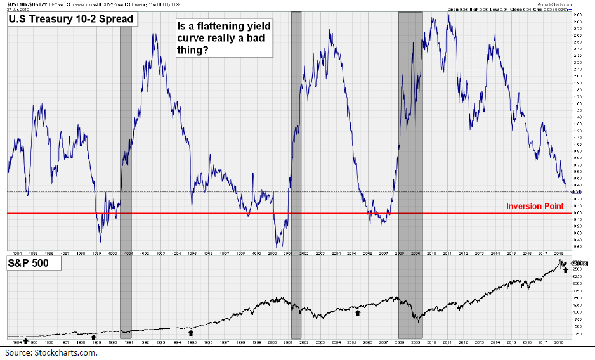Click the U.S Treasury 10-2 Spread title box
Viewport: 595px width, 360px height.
tap(72, 19)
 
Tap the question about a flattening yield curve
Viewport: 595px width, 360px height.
tap(219, 39)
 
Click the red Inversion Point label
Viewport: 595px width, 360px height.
tap(535, 206)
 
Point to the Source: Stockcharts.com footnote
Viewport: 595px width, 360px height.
tap(51, 352)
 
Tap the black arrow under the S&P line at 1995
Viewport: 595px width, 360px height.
tap(191, 331)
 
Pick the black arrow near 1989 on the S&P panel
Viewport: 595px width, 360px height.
tap(93, 337)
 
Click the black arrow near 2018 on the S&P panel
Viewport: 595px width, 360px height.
tap(565, 270)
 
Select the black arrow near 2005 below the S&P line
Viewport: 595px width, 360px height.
tap(358, 312)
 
